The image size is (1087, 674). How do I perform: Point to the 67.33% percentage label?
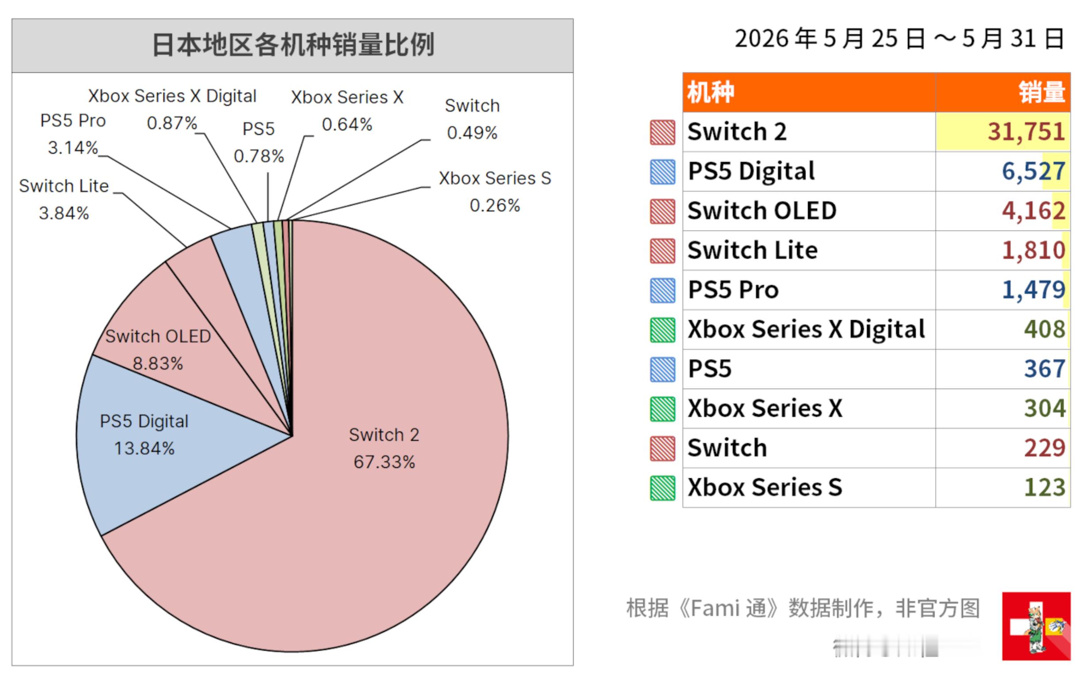pyautogui.click(x=384, y=462)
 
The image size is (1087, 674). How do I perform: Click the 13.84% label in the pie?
pyautogui.click(x=144, y=448)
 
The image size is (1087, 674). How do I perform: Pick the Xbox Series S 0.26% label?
pyautogui.click(x=495, y=192)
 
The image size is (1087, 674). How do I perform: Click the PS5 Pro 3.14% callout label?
pyautogui.click(x=72, y=134)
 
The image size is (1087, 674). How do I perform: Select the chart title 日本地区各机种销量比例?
pyautogui.click(x=293, y=45)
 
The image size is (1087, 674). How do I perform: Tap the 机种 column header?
pyautogui.click(x=711, y=93)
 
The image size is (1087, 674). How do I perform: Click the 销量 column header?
pyautogui.click(x=1042, y=93)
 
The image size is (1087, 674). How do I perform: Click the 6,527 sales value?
pyautogui.click(x=1034, y=171)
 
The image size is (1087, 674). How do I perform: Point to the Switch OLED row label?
pyautogui.click(x=762, y=211)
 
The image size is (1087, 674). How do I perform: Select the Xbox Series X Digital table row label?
pyautogui.click(x=806, y=329)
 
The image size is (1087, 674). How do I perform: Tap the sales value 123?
pyautogui.click(x=1045, y=488)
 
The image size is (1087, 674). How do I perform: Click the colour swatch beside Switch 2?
pyautogui.click(x=662, y=133)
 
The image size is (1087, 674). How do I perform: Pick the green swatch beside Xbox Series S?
pyautogui.click(x=662, y=488)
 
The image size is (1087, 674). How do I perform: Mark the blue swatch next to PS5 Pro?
pyautogui.click(x=662, y=291)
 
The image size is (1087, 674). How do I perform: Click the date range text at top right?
pyautogui.click(x=899, y=39)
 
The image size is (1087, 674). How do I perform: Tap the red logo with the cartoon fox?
pyautogui.click(x=1036, y=626)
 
